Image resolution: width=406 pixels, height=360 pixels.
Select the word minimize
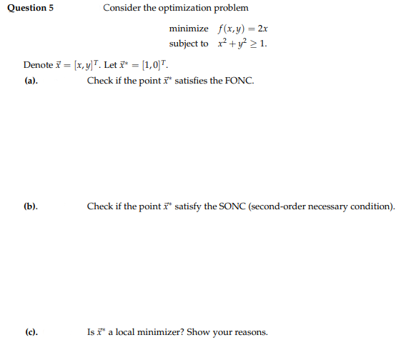[x=189, y=29]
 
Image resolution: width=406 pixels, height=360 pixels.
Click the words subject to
[x=189, y=44]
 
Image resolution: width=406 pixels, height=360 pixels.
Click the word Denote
[x=38, y=65]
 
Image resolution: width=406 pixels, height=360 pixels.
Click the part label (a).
[x=31, y=81]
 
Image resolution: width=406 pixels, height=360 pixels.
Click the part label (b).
[x=31, y=206]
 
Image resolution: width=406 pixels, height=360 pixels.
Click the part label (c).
[x=31, y=332]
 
